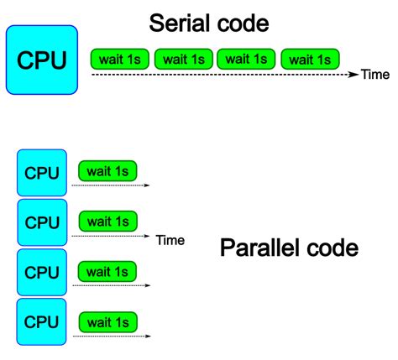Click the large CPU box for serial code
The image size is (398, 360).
[x=41, y=59]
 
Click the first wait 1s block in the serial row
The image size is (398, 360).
[x=121, y=58]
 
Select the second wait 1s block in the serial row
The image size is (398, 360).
[x=184, y=58]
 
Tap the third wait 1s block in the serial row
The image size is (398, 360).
[x=247, y=58]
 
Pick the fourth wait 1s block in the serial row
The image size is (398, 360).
[x=311, y=58]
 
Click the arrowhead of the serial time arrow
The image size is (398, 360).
[x=355, y=76]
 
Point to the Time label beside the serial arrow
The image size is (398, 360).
[x=375, y=76]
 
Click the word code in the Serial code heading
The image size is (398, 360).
[x=244, y=23]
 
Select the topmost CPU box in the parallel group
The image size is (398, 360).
[x=41, y=173]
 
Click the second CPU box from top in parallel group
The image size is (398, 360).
[x=41, y=223]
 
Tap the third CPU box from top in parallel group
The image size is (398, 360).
[x=41, y=273]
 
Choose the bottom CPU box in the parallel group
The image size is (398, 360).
[x=41, y=322]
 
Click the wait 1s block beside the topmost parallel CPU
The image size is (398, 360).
[x=107, y=172]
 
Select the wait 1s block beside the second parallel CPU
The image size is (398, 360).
[x=107, y=222]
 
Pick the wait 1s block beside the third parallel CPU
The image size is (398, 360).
[x=107, y=272]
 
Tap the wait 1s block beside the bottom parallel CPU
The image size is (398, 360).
[x=107, y=321]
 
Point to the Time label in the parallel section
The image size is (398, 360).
[x=170, y=241]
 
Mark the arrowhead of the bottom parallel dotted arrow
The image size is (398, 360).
[x=147, y=336]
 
